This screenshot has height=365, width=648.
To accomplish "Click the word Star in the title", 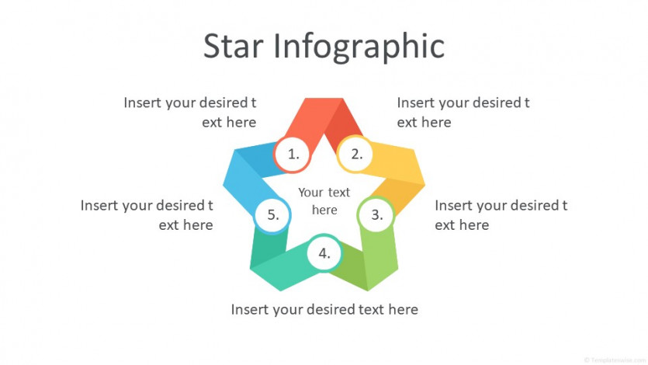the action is pyautogui.click(x=233, y=46).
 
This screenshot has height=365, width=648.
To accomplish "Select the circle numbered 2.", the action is pyautogui.click(x=355, y=155).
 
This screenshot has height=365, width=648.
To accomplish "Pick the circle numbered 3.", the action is pyautogui.click(x=376, y=214).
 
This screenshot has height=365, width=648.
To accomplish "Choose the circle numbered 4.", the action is pyautogui.click(x=324, y=253).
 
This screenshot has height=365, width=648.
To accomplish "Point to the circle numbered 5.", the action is pyautogui.click(x=272, y=214).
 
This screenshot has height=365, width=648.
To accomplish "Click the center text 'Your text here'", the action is pyautogui.click(x=324, y=201).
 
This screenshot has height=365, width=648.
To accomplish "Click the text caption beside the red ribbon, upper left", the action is pyautogui.click(x=189, y=113).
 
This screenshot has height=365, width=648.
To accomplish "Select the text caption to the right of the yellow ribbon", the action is pyautogui.click(x=463, y=113).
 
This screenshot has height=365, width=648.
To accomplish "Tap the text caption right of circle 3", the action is pyautogui.click(x=501, y=215).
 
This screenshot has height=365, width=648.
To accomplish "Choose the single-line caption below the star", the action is pyautogui.click(x=324, y=310).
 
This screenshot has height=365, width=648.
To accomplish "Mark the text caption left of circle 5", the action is pyautogui.click(x=147, y=215).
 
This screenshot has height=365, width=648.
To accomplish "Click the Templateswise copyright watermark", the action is pyautogui.click(x=615, y=360).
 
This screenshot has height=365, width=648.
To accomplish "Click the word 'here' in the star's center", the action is pyautogui.click(x=324, y=210).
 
